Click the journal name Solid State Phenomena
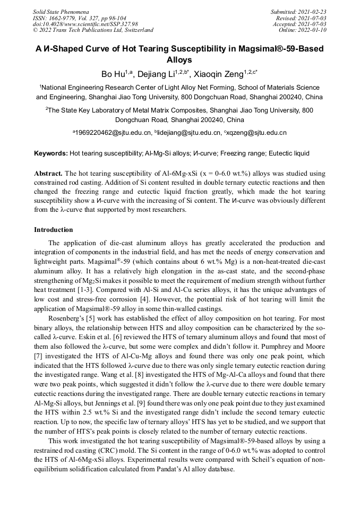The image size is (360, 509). point(60,12)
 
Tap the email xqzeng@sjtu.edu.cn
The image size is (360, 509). point(256,133)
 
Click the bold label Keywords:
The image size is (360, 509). point(51,153)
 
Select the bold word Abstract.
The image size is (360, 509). point(49,174)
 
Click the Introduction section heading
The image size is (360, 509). point(54,230)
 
